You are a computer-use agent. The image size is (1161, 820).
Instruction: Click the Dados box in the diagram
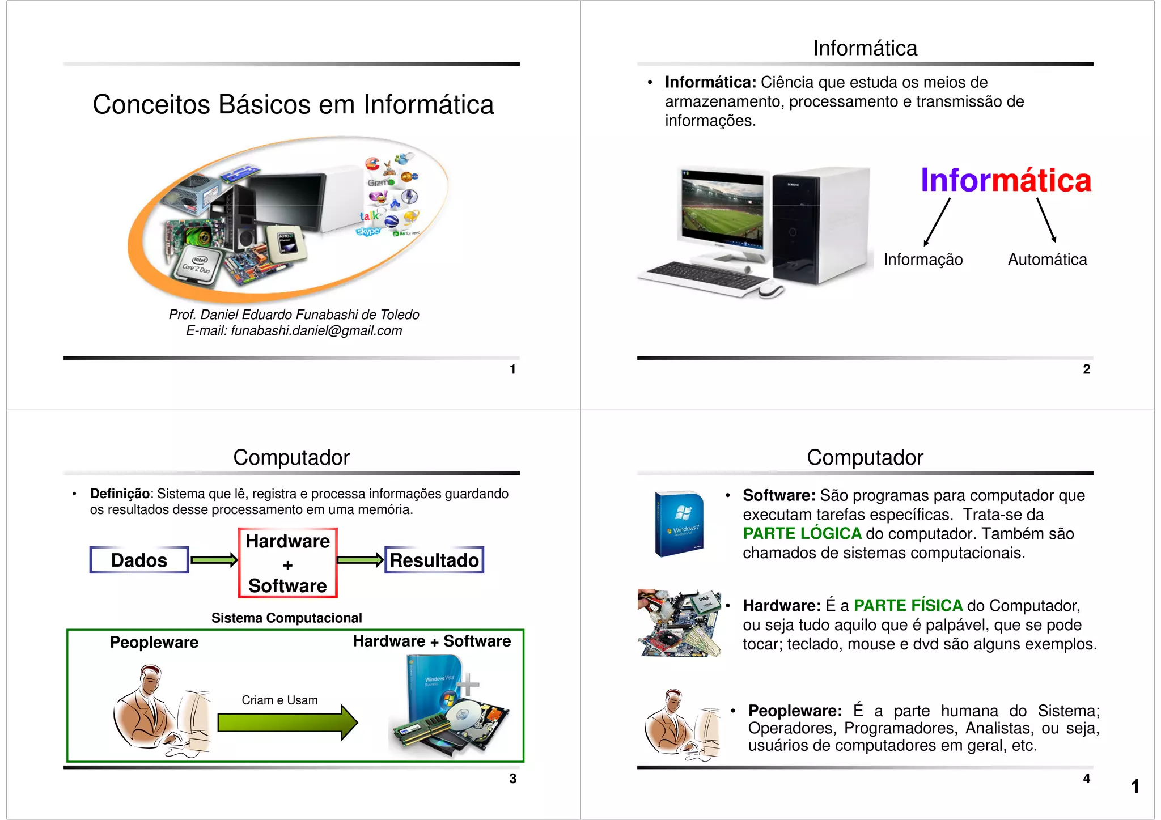click(x=139, y=560)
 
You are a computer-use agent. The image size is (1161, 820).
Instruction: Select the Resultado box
click(x=434, y=560)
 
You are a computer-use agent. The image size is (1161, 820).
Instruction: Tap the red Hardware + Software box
click(x=287, y=563)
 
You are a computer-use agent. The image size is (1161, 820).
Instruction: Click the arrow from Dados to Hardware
click(x=214, y=560)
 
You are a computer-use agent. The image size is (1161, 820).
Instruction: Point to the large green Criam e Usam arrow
click(x=287, y=723)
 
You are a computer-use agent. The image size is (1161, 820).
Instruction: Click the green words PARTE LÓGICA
click(x=802, y=533)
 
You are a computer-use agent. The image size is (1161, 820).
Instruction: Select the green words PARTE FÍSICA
click(x=908, y=605)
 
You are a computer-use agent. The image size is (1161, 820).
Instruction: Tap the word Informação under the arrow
click(x=923, y=260)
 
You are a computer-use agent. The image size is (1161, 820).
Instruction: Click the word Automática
click(x=1047, y=260)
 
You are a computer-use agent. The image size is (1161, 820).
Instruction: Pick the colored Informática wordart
click(x=1006, y=180)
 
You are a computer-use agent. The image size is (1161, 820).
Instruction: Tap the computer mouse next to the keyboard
click(x=770, y=290)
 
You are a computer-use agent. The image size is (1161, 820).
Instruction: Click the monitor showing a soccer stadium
click(x=722, y=214)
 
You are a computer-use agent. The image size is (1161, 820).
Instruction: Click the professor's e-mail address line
click(x=294, y=330)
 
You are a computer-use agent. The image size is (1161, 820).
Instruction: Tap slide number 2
click(x=1086, y=369)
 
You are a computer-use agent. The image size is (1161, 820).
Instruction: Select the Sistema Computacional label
click(x=286, y=618)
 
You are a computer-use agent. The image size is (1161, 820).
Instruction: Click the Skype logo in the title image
click(x=368, y=231)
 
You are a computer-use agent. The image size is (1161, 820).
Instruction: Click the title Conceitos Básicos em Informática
click(x=293, y=105)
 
